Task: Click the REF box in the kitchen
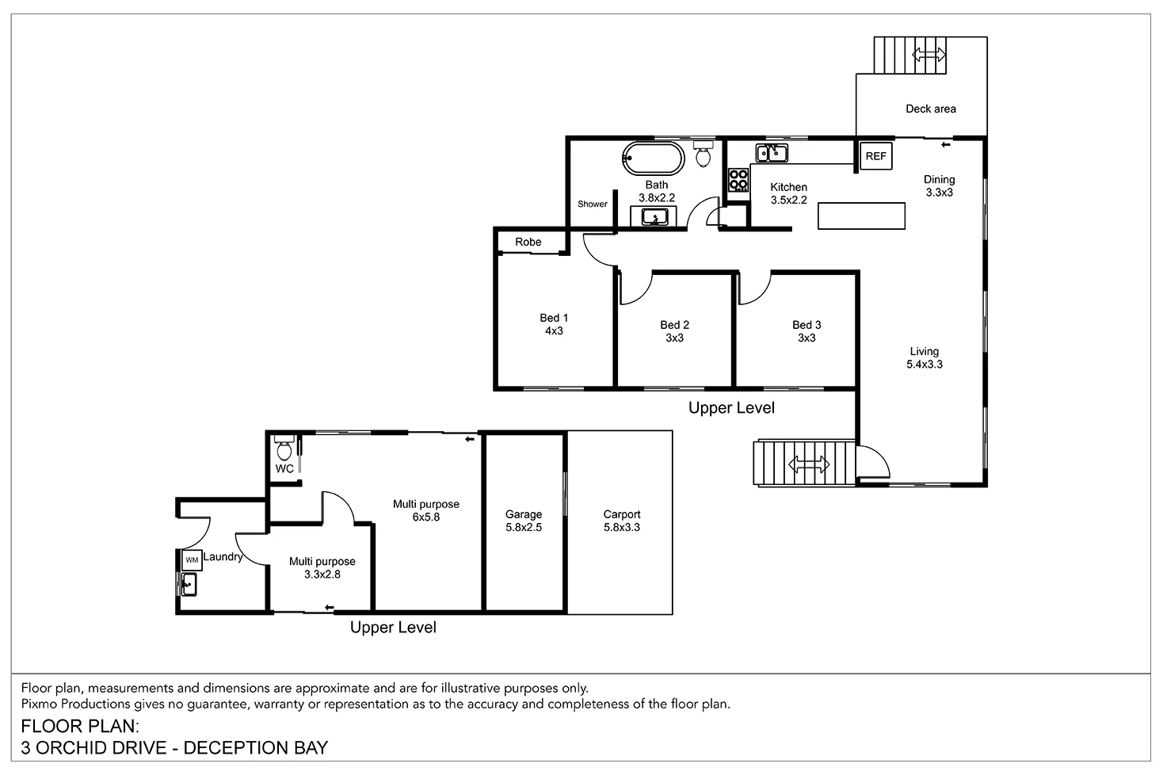click(875, 156)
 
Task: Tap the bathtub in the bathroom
click(654, 158)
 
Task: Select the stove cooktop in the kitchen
click(738, 180)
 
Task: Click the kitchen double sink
click(771, 152)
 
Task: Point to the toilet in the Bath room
click(703, 155)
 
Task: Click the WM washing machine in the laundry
click(191, 559)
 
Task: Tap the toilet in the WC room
click(284, 449)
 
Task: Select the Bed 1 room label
click(554, 318)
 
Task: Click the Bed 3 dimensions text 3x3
click(806, 338)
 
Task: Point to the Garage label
click(524, 514)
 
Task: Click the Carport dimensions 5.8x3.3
click(622, 527)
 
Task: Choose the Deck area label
click(930, 109)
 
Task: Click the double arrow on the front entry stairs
click(809, 464)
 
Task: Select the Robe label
click(528, 242)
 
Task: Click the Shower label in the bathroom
click(592, 204)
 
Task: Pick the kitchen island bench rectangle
click(861, 216)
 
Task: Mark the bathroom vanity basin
click(654, 216)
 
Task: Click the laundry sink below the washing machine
click(189, 585)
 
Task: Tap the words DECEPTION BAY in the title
click(256, 747)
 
